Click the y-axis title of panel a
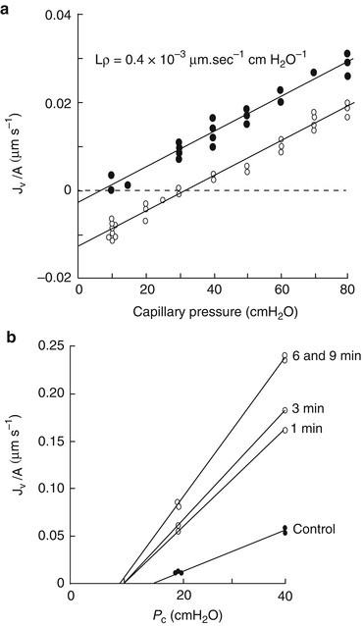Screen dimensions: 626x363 pos(11,148)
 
